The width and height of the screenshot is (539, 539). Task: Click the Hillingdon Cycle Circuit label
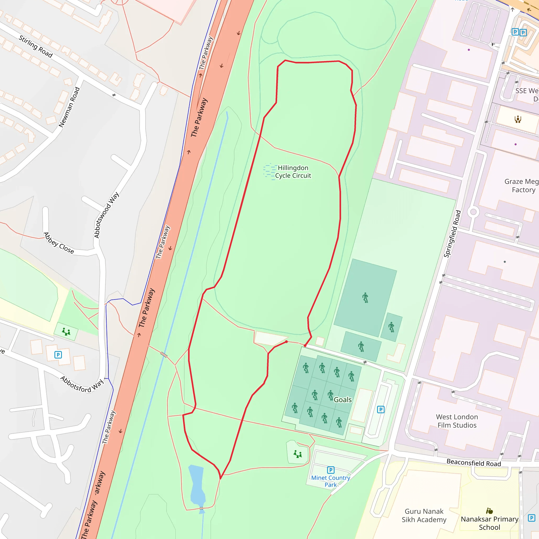click(293, 172)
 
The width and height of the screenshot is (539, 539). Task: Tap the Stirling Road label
click(36, 46)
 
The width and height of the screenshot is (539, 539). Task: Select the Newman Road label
click(69, 107)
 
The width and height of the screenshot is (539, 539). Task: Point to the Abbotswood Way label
click(106, 215)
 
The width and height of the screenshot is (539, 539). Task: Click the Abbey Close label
click(59, 243)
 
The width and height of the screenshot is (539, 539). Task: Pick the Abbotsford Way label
click(82, 385)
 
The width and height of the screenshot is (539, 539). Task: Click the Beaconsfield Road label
click(474, 463)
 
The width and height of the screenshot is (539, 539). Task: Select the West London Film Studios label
click(457, 421)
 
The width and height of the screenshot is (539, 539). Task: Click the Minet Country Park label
click(331, 481)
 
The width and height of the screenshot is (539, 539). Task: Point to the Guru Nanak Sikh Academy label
click(424, 515)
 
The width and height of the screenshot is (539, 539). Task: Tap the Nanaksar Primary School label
click(490, 523)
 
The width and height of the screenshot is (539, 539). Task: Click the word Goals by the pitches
click(343, 400)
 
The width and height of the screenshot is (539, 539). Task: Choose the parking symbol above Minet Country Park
click(331, 470)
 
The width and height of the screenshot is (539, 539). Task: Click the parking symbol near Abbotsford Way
click(58, 355)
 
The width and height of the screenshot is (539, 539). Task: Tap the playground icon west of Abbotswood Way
click(66, 332)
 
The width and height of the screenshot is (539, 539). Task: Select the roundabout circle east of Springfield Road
click(473, 212)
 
